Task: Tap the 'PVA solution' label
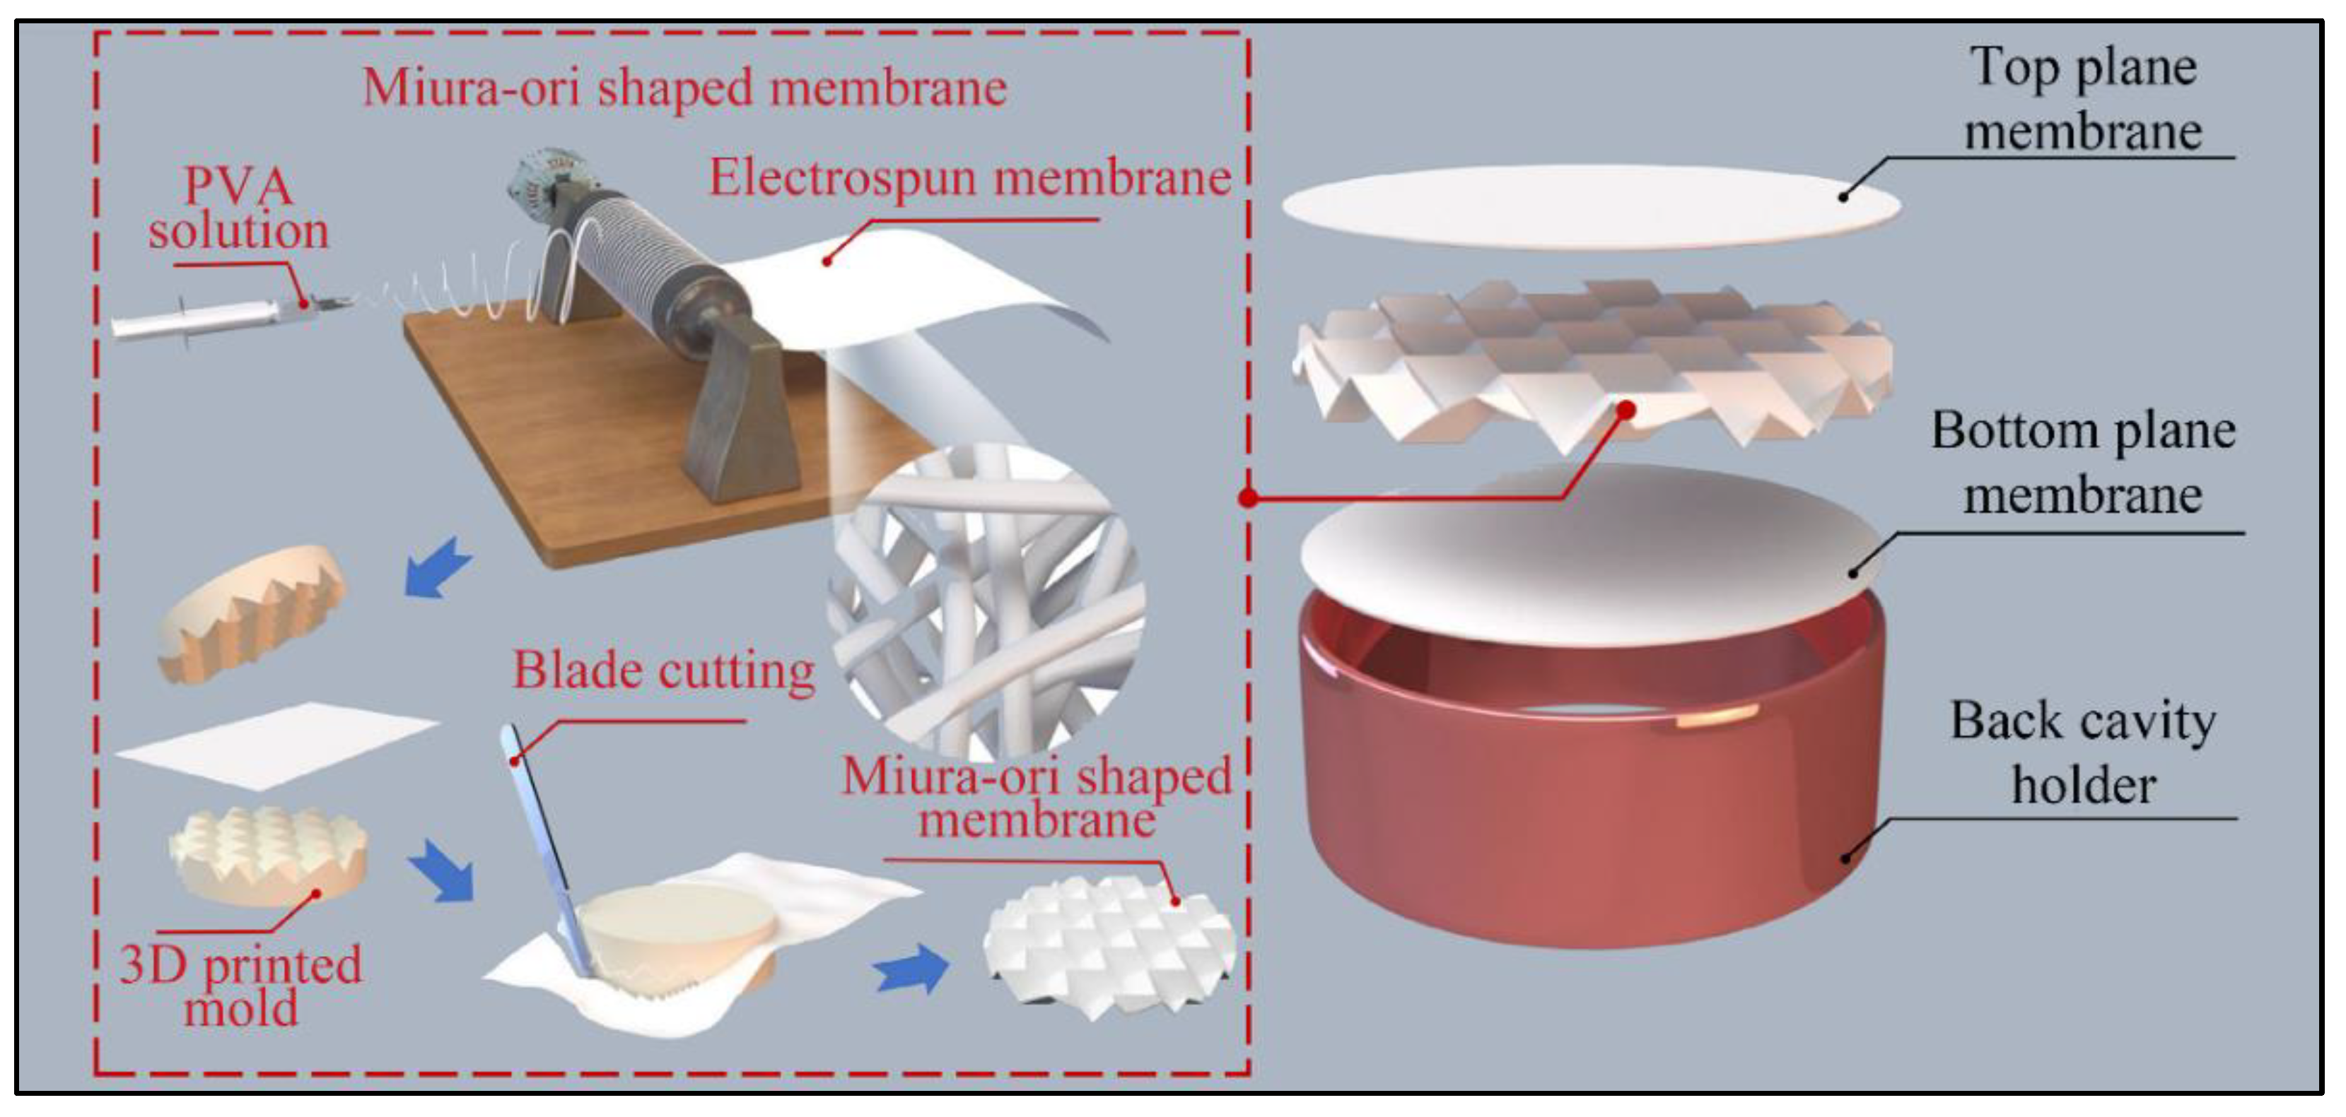[238, 208]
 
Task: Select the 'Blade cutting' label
[663, 671]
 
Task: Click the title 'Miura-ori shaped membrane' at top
[685, 88]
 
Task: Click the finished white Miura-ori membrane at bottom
[1109, 947]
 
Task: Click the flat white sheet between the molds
[278, 745]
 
